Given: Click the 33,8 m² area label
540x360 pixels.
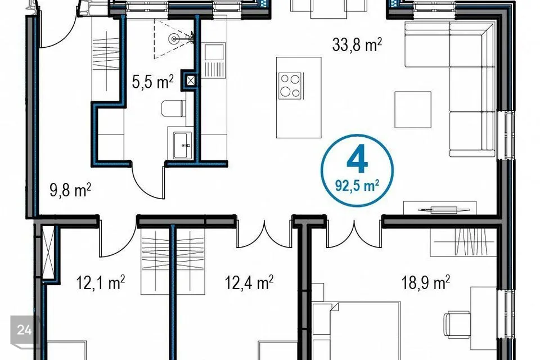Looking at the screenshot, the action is (x=357, y=45).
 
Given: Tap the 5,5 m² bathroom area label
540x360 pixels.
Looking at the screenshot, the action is (x=152, y=82).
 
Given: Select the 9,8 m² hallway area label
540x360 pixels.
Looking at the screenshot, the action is (x=70, y=190).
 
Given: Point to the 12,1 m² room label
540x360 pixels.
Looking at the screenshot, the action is (x=100, y=282).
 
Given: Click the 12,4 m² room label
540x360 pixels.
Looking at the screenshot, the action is (x=249, y=282).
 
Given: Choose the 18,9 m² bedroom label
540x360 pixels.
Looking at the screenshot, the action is (x=426, y=282).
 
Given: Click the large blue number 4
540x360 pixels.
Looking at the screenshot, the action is (x=357, y=160).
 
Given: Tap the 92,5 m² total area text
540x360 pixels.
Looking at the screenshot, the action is (x=357, y=186).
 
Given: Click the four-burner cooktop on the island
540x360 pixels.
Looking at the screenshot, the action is (x=290, y=85).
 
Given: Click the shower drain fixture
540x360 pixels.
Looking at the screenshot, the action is (x=175, y=39).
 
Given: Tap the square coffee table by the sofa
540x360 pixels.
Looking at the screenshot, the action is (x=412, y=110).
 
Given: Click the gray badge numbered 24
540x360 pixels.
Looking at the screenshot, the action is (x=24, y=331).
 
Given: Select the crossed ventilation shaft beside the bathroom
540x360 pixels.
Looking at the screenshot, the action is (x=191, y=81).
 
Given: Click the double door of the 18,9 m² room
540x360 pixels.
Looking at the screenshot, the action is (x=354, y=236).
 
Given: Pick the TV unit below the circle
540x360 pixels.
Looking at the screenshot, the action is (x=440, y=208).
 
